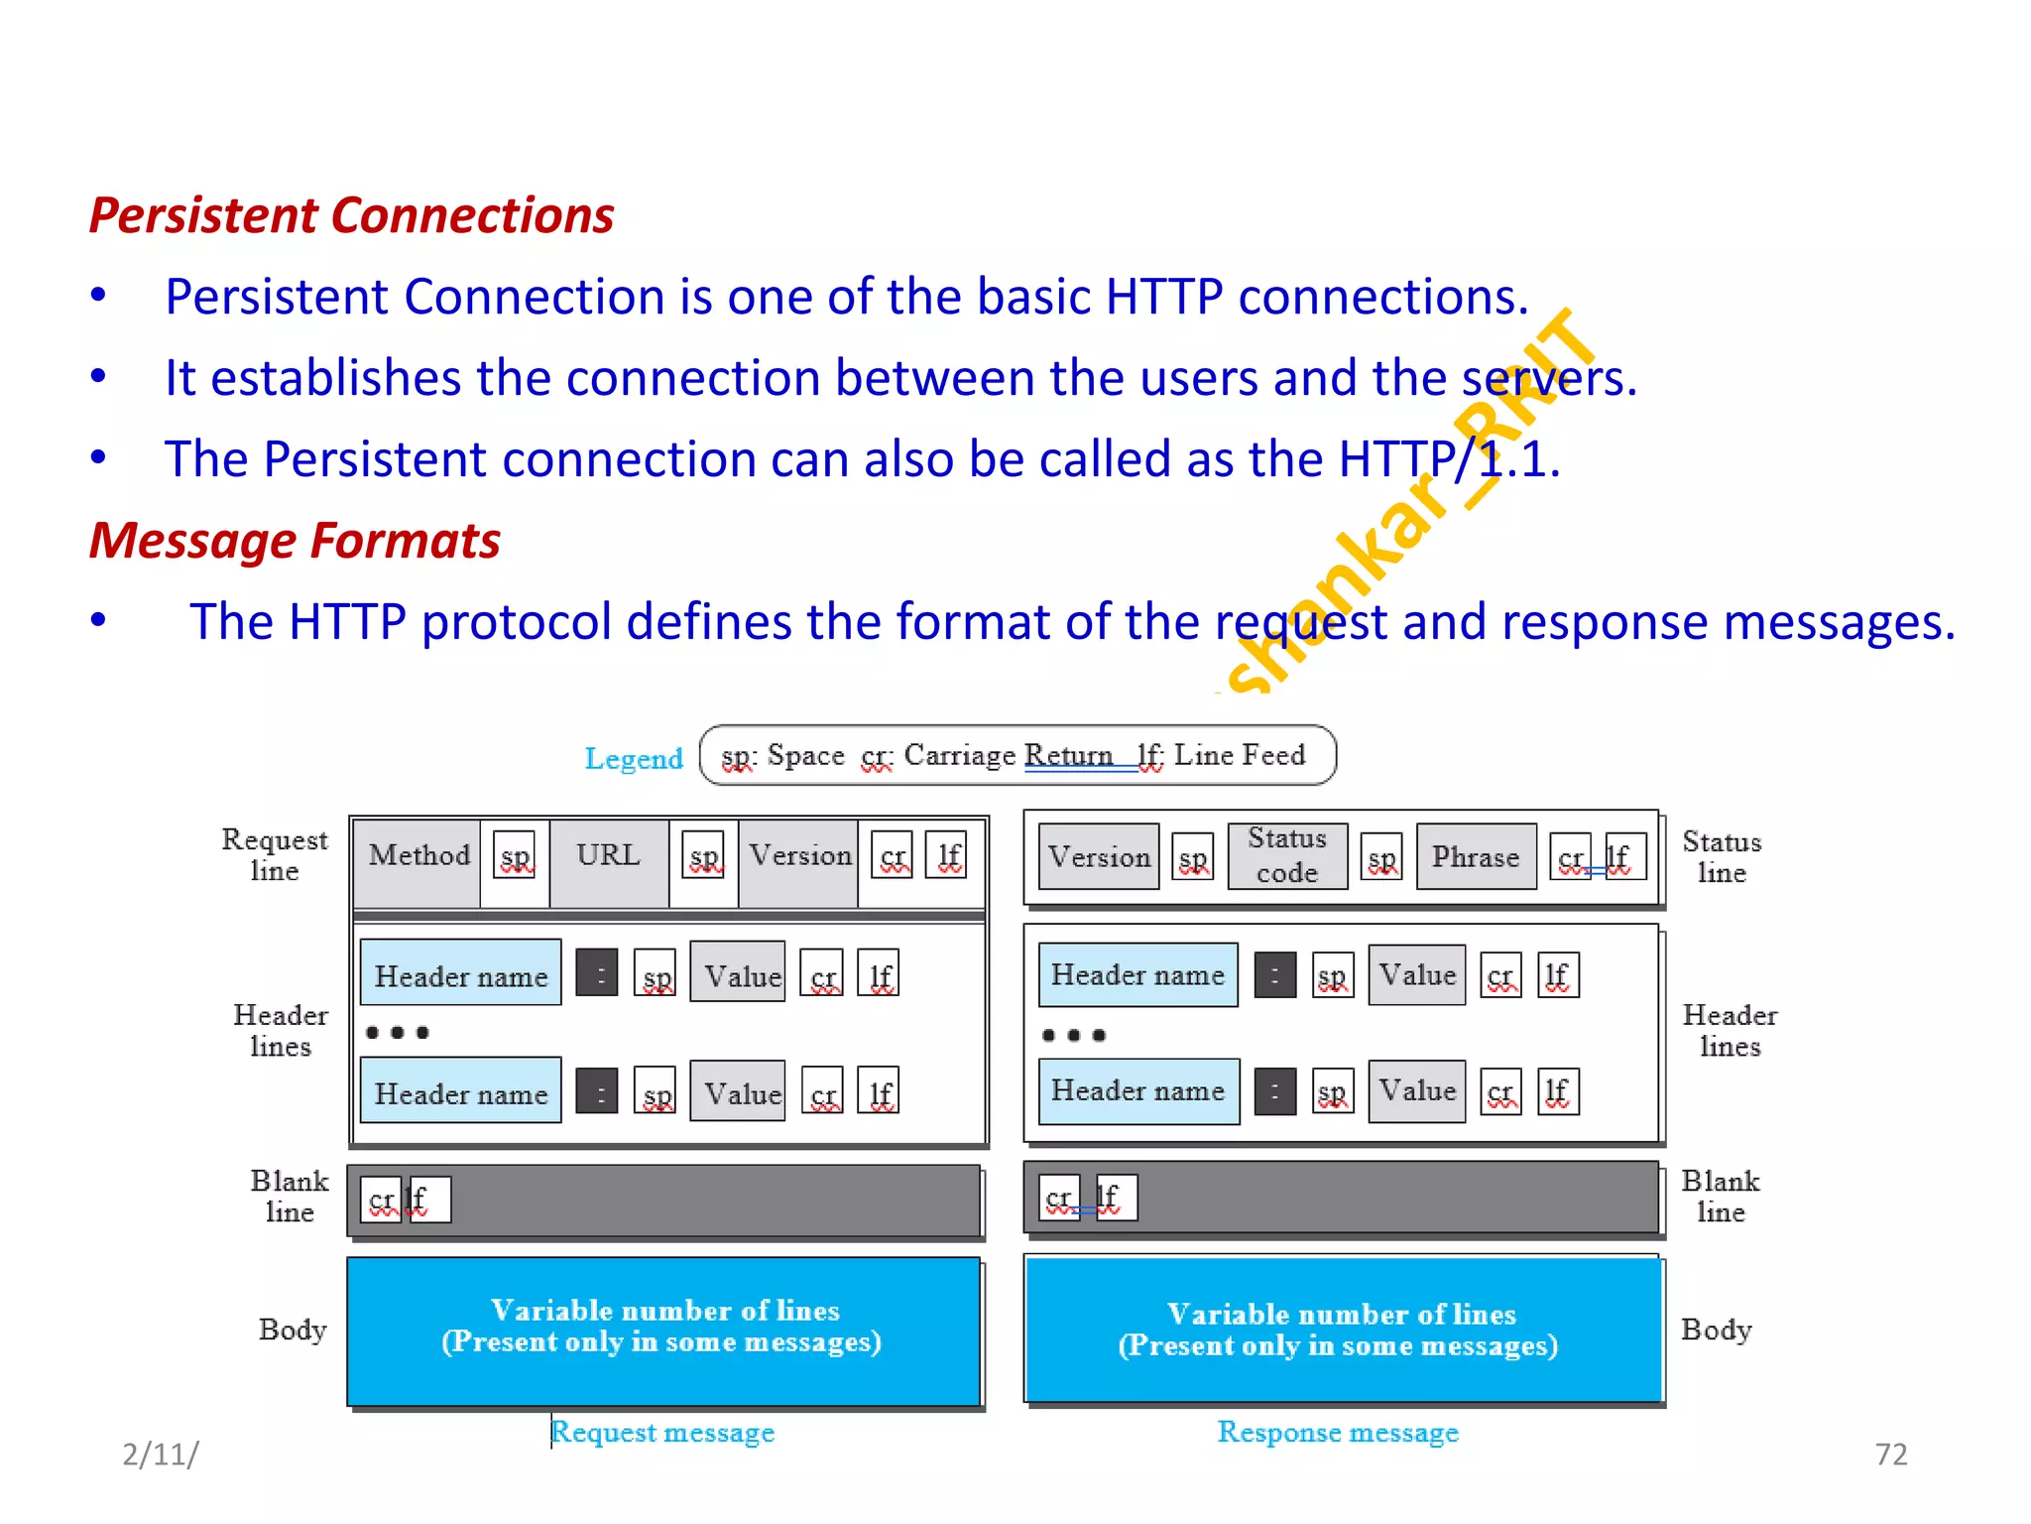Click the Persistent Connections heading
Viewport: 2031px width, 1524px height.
(x=351, y=215)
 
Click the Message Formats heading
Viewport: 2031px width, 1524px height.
(x=295, y=541)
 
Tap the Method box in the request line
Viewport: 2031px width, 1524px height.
(x=418, y=855)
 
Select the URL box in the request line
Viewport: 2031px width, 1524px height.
(x=608, y=855)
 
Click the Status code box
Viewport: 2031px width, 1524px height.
(x=1286, y=855)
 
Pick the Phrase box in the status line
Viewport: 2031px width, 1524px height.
(x=1475, y=857)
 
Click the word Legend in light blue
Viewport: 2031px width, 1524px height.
(x=634, y=759)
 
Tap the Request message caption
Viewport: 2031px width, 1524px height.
(x=662, y=1432)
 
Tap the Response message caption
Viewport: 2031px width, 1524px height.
(x=1338, y=1432)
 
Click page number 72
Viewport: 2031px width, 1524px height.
(x=1890, y=1455)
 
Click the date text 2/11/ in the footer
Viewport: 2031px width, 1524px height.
(x=160, y=1455)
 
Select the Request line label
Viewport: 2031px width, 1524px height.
(x=274, y=855)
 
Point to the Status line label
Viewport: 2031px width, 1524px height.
(x=1722, y=857)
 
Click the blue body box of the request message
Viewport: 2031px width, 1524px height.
(x=662, y=1330)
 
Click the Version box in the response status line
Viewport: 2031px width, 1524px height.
(x=1099, y=857)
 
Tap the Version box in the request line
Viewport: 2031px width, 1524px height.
(x=799, y=855)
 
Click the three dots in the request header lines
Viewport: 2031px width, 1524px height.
(x=397, y=1033)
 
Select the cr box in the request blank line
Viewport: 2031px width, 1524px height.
(x=380, y=1201)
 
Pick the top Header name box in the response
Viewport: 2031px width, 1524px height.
(x=1137, y=975)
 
